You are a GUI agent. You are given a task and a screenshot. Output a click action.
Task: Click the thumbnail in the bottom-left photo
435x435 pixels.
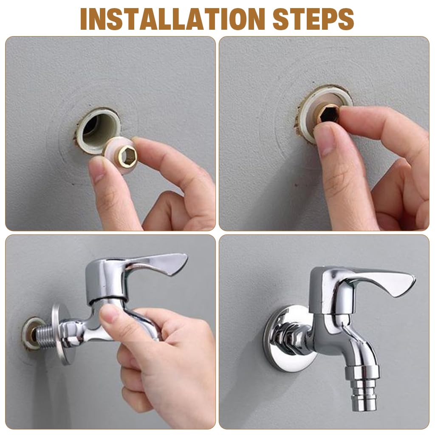[x=110, y=314]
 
